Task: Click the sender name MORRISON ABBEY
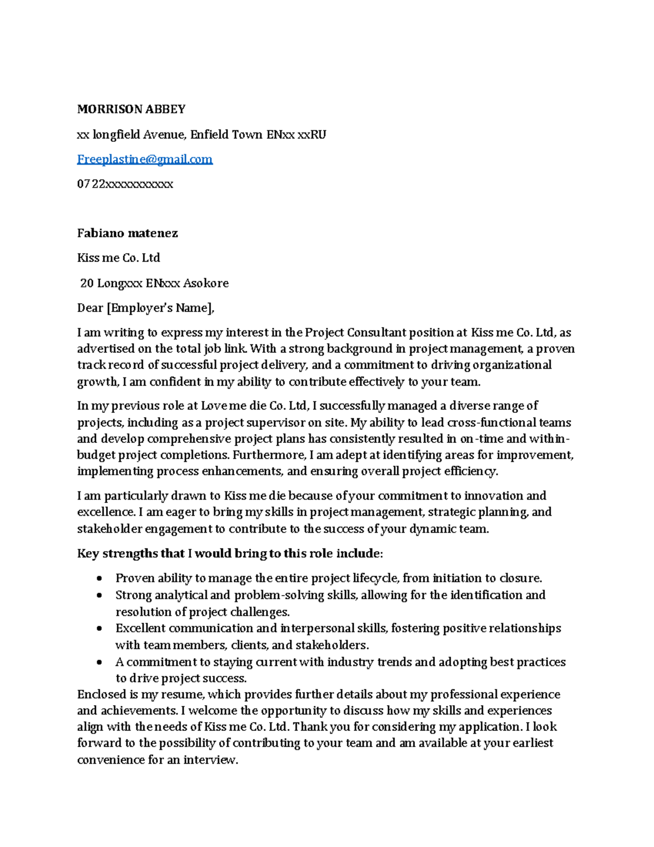tap(131, 109)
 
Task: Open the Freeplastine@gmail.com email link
tap(144, 159)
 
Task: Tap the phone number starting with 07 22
tap(125, 184)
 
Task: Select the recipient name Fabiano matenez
tap(128, 233)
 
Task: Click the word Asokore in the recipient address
tap(205, 283)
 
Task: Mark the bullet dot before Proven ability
tap(99, 579)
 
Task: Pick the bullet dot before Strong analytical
tap(99, 596)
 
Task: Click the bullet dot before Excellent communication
tap(99, 629)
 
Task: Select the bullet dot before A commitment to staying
tap(99, 663)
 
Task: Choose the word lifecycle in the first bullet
tap(376, 578)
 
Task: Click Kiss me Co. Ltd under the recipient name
tap(118, 258)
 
